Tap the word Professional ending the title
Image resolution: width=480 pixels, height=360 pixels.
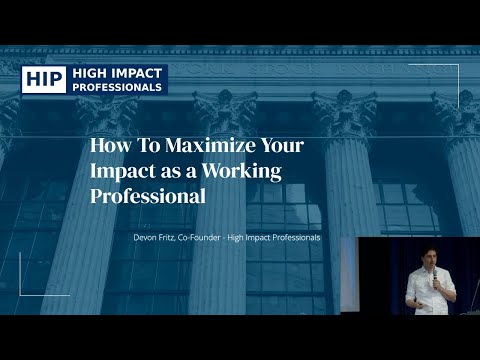[148, 196]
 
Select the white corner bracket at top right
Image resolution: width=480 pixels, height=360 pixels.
[452, 71]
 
